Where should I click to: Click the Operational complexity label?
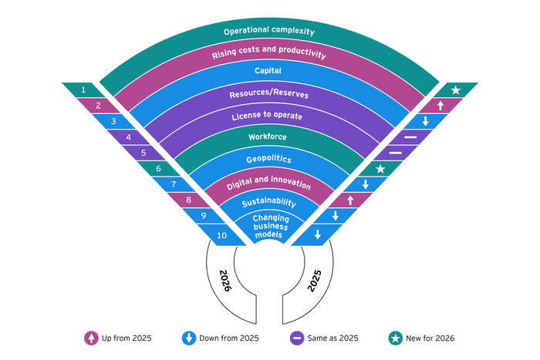tap(269, 31)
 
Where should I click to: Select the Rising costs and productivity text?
tap(269, 52)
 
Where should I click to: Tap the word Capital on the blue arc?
tap(268, 71)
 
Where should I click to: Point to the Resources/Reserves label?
tap(269, 93)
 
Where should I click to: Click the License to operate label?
tap(267, 116)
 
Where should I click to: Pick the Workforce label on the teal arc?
tap(268, 136)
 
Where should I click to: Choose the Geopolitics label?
tap(269, 159)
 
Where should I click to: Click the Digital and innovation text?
tap(269, 183)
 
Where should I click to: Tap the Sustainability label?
tap(269, 203)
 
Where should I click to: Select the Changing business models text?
tap(270, 227)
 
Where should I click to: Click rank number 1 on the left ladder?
tap(83, 90)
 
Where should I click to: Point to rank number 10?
tap(222, 235)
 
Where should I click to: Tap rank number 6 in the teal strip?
tap(158, 168)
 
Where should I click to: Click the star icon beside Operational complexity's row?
tap(456, 90)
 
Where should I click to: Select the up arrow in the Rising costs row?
tap(440, 106)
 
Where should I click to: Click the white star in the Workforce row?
tap(380, 169)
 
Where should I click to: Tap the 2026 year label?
tap(225, 281)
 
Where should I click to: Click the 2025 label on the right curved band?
tap(314, 281)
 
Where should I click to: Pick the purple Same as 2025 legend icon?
tap(297, 338)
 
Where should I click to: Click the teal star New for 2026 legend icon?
tap(395, 338)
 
